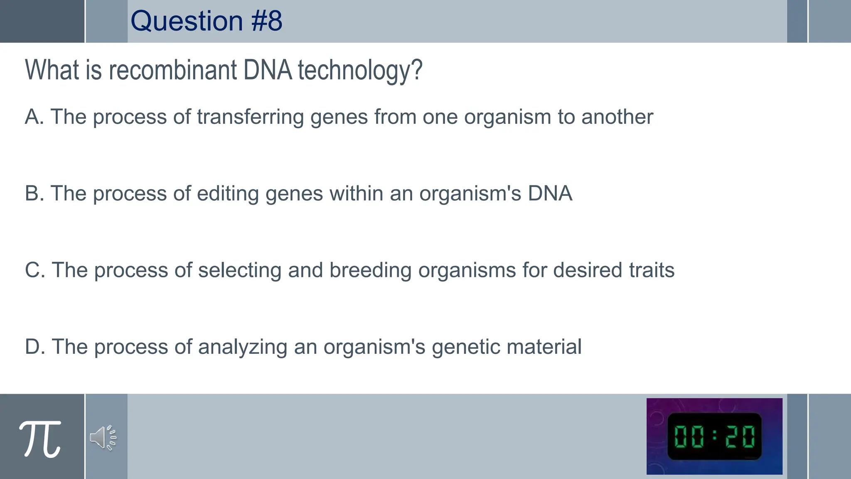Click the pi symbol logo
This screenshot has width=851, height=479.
click(x=40, y=439)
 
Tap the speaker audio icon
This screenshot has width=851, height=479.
click(x=103, y=437)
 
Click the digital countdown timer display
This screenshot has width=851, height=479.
click(x=714, y=436)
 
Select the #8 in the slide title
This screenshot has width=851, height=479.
click(x=267, y=21)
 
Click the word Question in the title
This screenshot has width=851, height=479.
click(x=187, y=21)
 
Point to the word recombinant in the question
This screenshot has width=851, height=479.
click(x=173, y=70)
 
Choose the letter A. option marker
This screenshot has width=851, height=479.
click(x=34, y=117)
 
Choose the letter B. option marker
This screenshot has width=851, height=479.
click(x=34, y=193)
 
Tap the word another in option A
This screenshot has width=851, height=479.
click(x=617, y=117)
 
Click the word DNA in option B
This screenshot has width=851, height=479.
click(x=550, y=193)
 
